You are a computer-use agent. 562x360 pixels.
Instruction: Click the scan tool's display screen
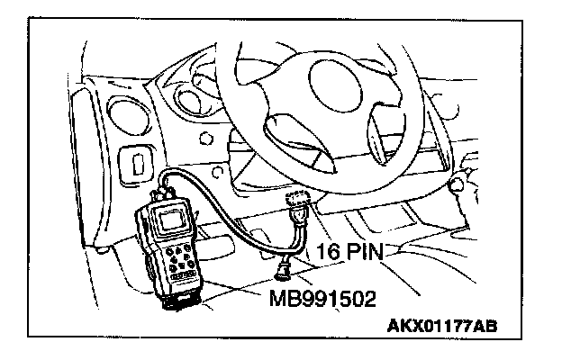coord(170,220)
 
